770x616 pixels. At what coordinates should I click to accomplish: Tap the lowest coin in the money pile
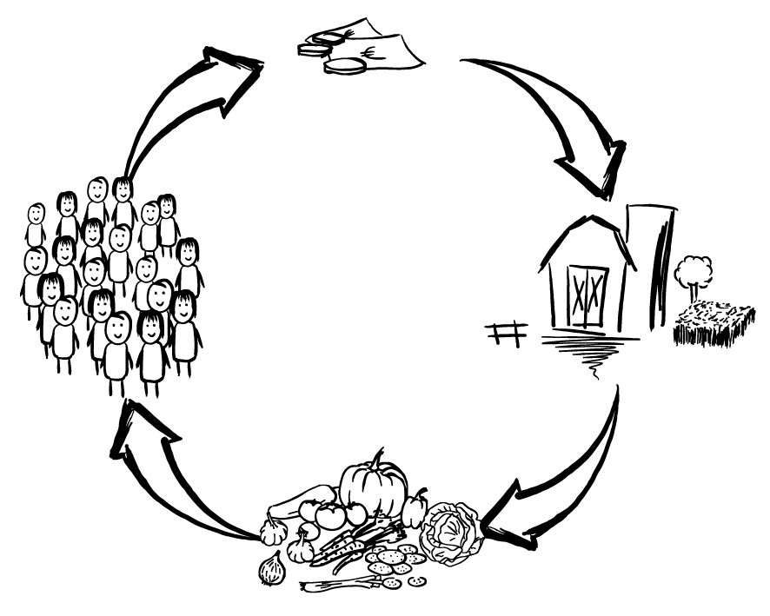point(346,66)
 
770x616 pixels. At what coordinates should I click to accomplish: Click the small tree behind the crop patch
point(693,272)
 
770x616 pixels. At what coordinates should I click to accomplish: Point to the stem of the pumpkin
point(377,458)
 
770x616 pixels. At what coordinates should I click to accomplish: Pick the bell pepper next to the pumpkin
point(415,508)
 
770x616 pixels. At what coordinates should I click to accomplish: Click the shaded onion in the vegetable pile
point(272,569)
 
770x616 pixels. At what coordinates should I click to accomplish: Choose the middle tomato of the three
point(330,516)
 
